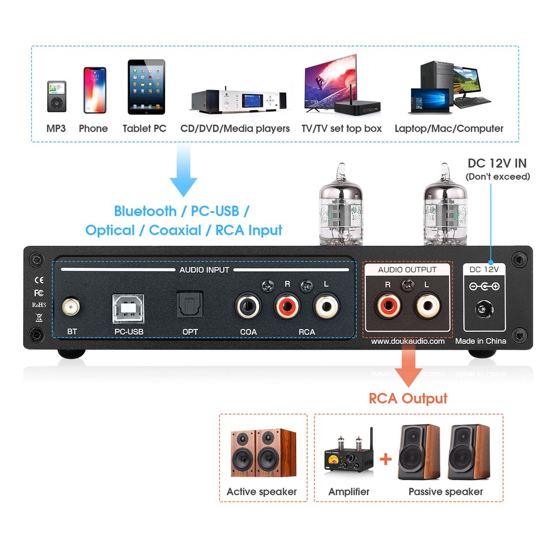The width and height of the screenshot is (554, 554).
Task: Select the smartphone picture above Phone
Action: click(95, 90)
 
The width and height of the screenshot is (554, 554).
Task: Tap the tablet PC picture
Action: click(146, 87)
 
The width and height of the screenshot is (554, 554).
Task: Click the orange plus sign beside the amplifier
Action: click(385, 459)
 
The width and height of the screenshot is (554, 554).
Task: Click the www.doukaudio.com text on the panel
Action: click(408, 341)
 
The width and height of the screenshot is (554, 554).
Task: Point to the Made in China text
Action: click(481, 341)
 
